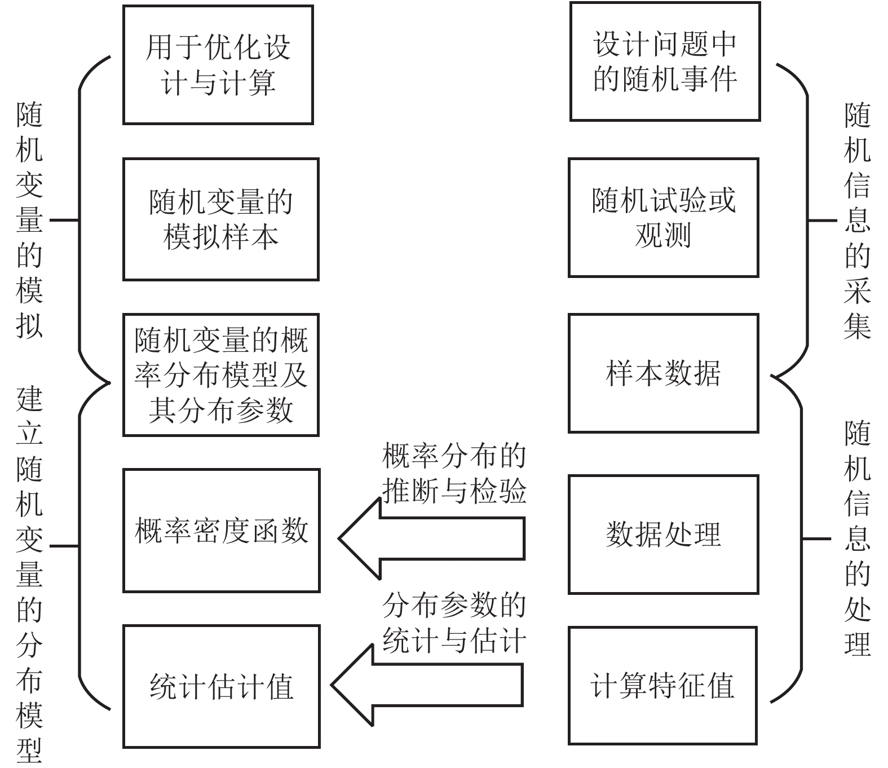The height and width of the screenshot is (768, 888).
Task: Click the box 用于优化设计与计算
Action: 218,65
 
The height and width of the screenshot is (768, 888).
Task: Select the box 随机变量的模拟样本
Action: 220,219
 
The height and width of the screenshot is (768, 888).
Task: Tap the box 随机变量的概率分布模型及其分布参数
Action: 220,375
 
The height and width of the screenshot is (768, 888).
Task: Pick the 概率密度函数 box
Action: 221,531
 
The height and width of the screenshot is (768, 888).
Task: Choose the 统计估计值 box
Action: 221,686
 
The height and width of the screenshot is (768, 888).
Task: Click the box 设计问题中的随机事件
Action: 665,61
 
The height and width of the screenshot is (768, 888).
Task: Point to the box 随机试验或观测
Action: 663,218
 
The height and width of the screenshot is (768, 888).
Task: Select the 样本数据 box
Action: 663,373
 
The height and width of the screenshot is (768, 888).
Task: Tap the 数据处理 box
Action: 663,534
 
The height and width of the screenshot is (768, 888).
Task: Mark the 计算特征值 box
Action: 662,686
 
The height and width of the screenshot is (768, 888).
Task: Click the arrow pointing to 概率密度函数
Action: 431,539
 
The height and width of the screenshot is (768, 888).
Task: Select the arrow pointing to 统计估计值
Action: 427,686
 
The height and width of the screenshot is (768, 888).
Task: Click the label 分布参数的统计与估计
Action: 454,623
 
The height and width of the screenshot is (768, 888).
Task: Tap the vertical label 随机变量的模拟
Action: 29,220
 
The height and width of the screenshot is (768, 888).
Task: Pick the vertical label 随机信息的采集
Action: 857,220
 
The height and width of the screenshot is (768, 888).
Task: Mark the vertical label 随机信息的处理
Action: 857,539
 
